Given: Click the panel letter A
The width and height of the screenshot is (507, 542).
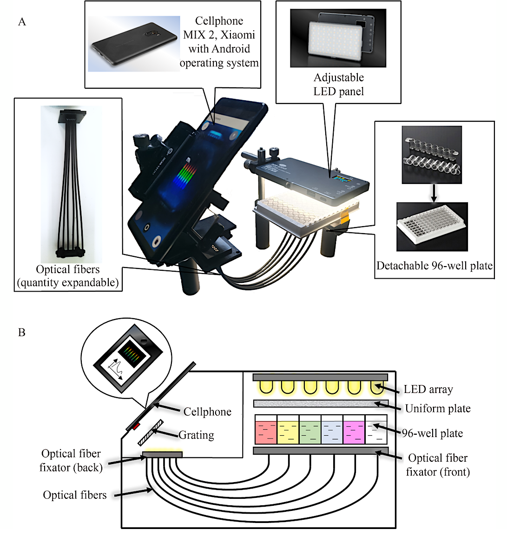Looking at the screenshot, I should [22, 22].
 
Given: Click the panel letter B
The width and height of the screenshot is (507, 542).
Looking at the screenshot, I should [21, 333].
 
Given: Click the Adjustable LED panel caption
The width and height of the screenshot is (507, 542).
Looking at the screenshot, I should [338, 84].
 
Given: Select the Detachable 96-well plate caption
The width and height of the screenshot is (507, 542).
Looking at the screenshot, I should [434, 266].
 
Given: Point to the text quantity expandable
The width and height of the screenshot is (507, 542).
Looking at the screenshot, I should [68, 282].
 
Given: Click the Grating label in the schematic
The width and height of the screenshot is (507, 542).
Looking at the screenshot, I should [196, 435].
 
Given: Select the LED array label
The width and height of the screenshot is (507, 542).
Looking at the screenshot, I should [428, 389].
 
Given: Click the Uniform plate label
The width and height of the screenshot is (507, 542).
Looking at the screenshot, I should [437, 408].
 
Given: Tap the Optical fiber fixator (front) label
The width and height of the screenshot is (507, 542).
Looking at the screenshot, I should [437, 465].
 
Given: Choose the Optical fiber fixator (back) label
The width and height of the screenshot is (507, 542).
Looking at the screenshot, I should [71, 460].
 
